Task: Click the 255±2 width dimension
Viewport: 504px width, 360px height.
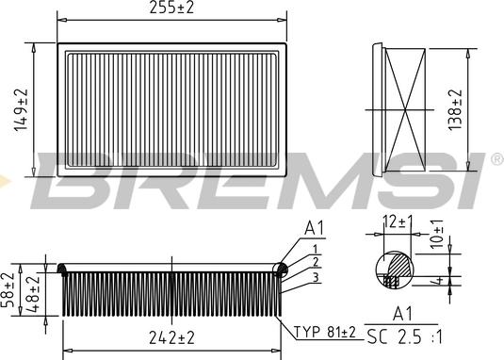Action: coord(172,8)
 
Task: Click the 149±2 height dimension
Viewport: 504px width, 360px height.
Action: coord(21,110)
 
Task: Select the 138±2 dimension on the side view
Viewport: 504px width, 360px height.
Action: coord(454,109)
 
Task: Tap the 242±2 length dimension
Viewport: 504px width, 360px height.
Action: coord(172,337)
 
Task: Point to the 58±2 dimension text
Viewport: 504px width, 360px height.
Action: coord(8,289)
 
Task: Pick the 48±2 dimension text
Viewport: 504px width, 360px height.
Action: coord(32,293)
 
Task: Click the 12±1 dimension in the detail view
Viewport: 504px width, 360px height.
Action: coord(398,221)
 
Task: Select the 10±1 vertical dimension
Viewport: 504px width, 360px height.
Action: coord(437,234)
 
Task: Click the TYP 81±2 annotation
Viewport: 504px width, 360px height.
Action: coord(325,332)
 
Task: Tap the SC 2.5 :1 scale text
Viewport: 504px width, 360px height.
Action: coord(404,337)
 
